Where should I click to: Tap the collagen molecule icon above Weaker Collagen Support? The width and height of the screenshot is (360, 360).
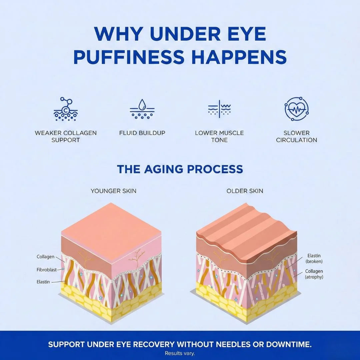66,109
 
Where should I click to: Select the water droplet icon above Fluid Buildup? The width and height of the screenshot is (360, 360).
142,109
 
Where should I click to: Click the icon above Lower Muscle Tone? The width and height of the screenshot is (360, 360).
219,109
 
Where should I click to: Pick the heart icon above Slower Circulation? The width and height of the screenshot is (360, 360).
296,109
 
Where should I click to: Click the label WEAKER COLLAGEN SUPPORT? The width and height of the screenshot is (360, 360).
66,136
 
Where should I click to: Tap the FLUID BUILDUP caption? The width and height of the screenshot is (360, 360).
142,133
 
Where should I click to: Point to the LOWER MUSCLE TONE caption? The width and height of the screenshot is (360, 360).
219,136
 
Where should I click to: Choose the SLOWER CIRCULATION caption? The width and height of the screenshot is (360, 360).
296,136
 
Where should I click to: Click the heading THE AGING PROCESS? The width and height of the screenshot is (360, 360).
180,169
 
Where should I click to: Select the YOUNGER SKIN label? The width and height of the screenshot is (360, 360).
113,191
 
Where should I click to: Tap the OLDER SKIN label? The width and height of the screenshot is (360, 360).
245,191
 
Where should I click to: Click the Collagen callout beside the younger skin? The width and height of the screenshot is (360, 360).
45,257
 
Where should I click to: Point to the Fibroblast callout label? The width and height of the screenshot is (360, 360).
47,269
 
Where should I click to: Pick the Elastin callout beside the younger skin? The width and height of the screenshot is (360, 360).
43,282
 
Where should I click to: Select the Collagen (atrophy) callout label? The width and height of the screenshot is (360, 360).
314,274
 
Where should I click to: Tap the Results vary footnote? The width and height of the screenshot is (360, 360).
180,353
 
